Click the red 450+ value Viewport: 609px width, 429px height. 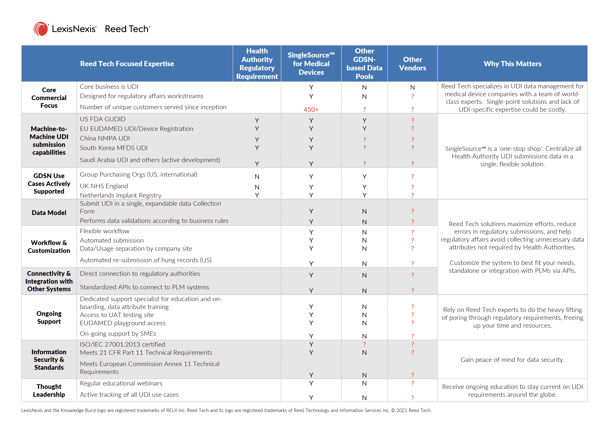point(311,109)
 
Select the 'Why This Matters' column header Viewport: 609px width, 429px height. point(512,64)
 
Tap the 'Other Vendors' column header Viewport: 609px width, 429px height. point(412,64)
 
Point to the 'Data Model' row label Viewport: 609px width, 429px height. point(49,213)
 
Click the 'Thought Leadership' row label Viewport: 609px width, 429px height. point(49,390)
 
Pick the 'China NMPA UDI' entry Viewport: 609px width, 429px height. point(105,138)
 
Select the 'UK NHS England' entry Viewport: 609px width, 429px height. point(104,186)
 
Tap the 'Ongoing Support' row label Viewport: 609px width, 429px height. point(49,317)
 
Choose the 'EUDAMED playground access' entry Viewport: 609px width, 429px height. point(122,323)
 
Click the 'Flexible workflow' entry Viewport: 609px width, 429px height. point(105,231)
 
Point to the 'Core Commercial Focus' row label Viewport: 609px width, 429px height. point(49,98)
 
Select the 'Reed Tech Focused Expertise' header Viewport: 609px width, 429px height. point(127,64)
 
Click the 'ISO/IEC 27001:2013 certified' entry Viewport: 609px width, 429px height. point(122,344)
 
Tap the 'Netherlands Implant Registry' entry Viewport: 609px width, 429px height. point(121,195)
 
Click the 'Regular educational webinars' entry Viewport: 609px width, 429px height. point(121,383)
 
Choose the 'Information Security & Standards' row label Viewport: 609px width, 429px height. point(49,359)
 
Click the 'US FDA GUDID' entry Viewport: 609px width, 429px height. point(103,119)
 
